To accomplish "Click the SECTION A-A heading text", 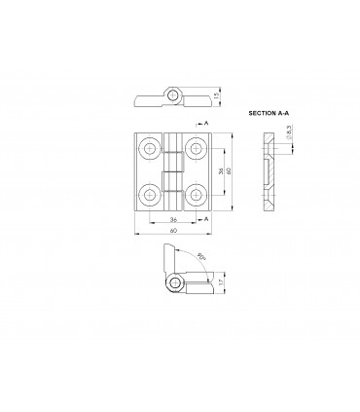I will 270,114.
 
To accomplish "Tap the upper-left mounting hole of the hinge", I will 150,148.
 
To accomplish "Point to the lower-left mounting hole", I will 150,192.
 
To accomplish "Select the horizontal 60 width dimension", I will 173,232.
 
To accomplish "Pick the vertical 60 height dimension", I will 232,170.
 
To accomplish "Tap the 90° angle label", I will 201,258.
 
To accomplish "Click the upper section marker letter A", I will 207,124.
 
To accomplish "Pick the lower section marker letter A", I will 207,219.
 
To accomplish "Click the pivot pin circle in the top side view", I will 173,94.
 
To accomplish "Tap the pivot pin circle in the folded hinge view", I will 174,283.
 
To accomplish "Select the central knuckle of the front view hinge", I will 173,170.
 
